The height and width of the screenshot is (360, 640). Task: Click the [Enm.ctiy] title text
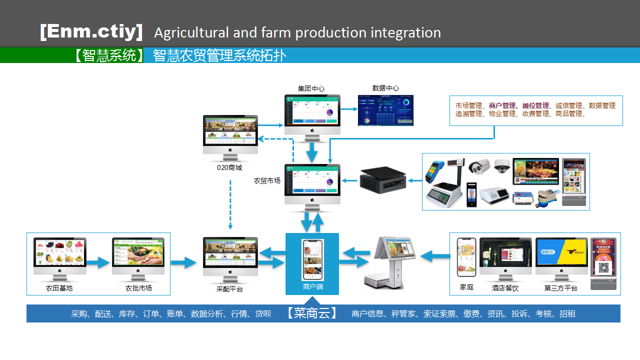tap(91, 32)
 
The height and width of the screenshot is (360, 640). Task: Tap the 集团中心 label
tap(311, 88)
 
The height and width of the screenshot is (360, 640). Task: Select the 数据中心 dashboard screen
tap(385, 109)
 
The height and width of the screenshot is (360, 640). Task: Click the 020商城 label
tap(229, 168)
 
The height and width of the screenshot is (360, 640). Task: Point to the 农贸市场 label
tap(267, 180)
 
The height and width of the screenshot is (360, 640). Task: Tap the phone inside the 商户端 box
tap(312, 259)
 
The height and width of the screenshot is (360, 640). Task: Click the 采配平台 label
tap(229, 289)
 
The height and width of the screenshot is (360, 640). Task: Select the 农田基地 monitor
tap(59, 255)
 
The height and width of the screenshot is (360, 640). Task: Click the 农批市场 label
tap(138, 288)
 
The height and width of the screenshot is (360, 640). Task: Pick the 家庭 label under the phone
tap(466, 288)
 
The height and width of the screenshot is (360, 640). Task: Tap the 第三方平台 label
tap(561, 288)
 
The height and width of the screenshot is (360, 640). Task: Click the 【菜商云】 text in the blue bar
tap(312, 313)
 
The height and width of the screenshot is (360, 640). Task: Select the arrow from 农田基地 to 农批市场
tap(98, 262)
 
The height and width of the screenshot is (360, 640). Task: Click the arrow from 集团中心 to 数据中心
tap(349, 108)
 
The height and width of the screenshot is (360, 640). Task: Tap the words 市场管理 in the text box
tap(468, 105)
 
